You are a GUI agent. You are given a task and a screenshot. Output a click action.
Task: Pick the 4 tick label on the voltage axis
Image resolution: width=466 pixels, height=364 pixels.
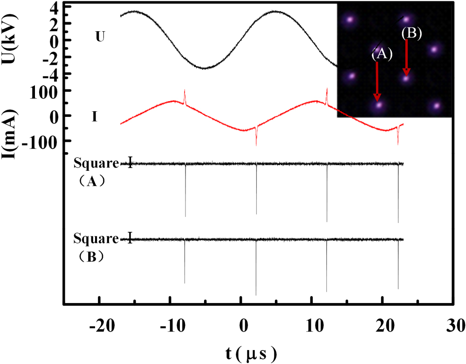coord(54,8)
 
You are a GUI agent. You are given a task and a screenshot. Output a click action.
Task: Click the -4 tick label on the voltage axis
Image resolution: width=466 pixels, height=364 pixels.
coord(51,74)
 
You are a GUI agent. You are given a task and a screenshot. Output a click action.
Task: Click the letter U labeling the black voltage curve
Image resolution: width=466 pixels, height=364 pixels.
coord(100,37)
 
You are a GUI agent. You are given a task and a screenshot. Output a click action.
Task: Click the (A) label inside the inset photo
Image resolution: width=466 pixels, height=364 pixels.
coord(382,54)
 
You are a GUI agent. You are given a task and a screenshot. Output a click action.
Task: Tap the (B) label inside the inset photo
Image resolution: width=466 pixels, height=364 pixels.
coord(411,34)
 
